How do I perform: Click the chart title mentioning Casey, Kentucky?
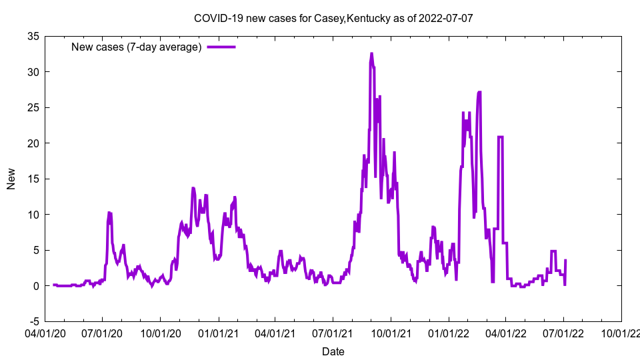tap(333, 18)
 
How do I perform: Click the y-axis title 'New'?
tap(11, 179)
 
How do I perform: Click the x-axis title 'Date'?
tap(333, 351)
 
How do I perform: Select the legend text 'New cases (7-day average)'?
tap(137, 47)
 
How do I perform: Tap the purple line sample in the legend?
tap(221, 47)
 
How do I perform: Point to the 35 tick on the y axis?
tap(32, 36)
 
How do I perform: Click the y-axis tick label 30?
tap(32, 72)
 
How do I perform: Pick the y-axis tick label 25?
tap(32, 107)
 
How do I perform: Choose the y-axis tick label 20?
tap(32, 143)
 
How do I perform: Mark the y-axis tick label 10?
tap(32, 215)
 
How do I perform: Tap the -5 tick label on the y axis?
tap(33, 321)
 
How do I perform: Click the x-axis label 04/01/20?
tap(45, 331)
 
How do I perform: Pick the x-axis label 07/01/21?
tap(333, 331)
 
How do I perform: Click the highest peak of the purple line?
tap(371, 54)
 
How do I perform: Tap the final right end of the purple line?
tap(565, 261)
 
